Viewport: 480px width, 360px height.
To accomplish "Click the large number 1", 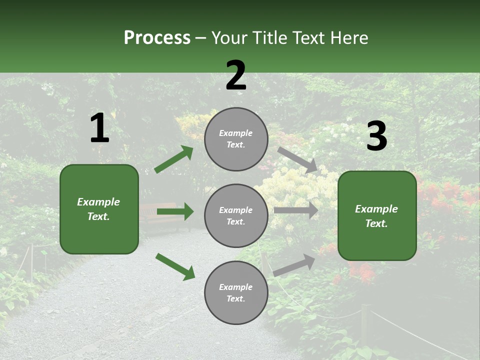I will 99,128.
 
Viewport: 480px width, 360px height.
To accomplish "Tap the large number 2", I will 236,75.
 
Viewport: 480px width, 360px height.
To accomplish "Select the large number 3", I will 376,136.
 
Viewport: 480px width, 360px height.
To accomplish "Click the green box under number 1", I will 99,208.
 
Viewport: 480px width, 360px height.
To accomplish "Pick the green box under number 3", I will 377,215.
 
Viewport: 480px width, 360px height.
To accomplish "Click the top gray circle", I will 236,138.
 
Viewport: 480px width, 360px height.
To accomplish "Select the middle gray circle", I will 236,215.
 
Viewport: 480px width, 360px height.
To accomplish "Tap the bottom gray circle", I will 236,292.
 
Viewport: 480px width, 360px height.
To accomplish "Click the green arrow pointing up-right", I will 174,159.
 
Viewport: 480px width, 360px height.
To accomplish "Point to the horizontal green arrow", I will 175,211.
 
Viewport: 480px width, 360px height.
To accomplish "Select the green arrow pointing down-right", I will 175,266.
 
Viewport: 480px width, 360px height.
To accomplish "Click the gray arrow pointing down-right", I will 297,159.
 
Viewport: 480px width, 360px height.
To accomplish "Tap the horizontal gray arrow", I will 296,210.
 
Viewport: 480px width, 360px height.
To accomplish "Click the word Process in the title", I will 157,37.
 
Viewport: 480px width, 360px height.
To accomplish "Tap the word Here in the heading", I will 350,37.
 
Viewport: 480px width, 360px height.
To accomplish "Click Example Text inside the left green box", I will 98,209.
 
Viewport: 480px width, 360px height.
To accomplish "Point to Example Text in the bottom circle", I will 236,293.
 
